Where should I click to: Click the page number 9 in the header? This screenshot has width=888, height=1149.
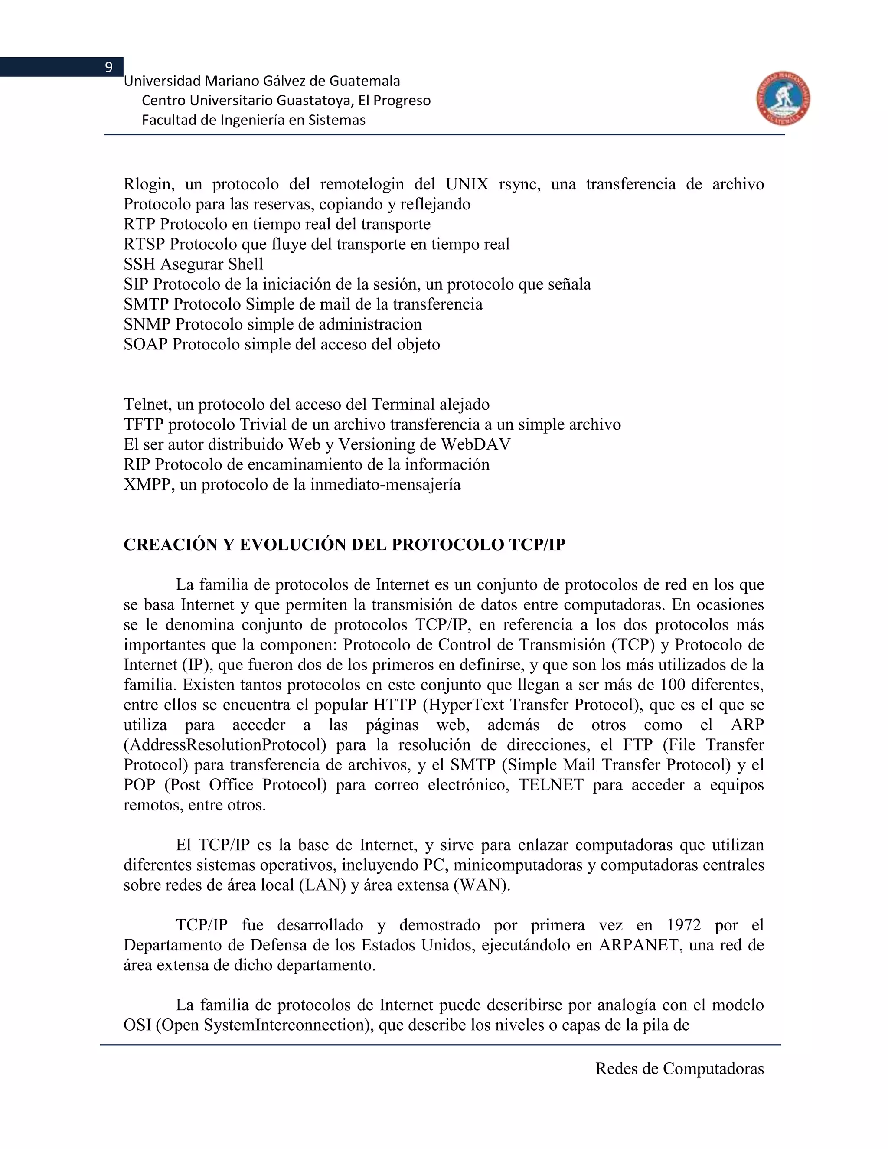(x=109, y=67)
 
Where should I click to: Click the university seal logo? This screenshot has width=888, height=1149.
(x=784, y=99)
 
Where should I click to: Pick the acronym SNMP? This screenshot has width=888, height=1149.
(x=147, y=325)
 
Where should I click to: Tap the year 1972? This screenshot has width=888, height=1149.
(x=683, y=925)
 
